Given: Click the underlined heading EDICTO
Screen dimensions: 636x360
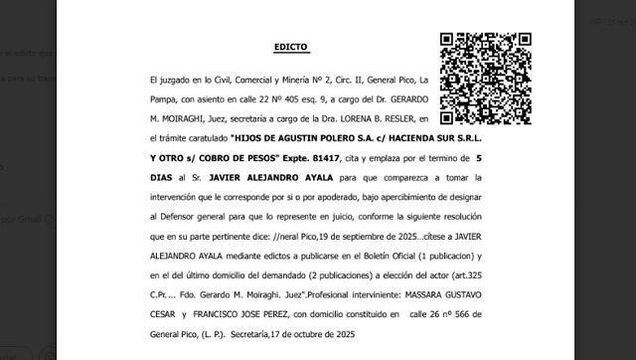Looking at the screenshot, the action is pyautogui.click(x=292, y=47).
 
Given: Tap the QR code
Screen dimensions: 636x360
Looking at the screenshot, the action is pyautogui.click(x=485, y=79).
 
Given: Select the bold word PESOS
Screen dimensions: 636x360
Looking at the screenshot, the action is pyautogui.click(x=260, y=159).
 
